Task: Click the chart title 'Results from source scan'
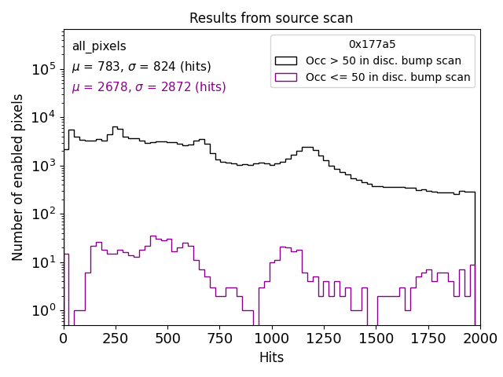pos(271,18)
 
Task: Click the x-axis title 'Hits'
pos(271,357)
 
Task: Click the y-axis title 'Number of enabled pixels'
pos(18,177)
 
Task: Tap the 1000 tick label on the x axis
pos(271,338)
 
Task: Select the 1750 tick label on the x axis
pos(428,338)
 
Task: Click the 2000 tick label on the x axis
pos(479,338)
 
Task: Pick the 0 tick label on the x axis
pos(64,338)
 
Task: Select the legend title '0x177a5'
pos(373,44)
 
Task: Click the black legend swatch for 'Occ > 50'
pos(287,60)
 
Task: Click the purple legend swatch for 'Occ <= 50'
pos(287,77)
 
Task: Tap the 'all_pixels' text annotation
pos(99,46)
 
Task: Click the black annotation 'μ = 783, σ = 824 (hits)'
pos(141,67)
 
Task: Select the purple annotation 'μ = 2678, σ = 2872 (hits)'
pos(149,87)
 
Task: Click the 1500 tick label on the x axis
pos(376,338)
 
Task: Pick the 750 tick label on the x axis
pos(219,338)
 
